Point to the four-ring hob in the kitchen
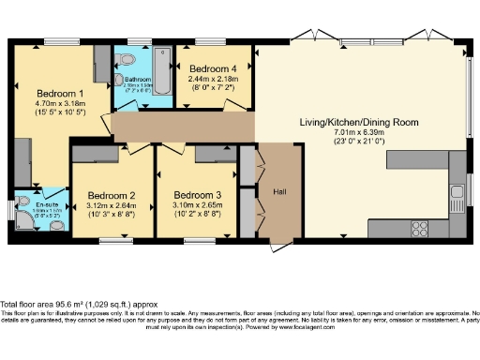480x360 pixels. click(x=416, y=226)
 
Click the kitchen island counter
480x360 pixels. click(x=412, y=159)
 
